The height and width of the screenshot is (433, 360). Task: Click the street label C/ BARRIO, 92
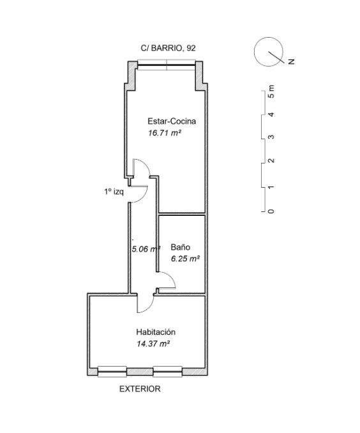tap(168, 48)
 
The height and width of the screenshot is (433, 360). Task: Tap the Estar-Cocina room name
tap(172, 121)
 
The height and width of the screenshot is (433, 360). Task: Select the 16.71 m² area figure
tap(165, 133)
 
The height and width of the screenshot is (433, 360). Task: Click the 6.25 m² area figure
tap(185, 259)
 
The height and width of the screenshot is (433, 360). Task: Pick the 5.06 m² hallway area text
tap(146, 249)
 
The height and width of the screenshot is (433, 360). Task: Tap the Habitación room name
tap(156, 331)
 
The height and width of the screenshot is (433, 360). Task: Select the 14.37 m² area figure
tap(153, 344)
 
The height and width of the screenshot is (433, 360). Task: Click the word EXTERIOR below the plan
tap(140, 389)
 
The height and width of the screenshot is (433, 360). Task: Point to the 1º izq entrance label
tap(114, 192)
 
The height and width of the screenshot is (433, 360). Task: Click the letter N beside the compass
tap(291, 61)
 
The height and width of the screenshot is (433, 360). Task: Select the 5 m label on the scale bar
tap(272, 91)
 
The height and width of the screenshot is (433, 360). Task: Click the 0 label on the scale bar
tap(272, 211)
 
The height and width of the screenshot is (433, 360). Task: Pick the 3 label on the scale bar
tap(272, 137)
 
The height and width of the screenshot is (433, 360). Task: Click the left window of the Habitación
tap(112, 372)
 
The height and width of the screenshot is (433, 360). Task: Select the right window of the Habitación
tap(168, 372)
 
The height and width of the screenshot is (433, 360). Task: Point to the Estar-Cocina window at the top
tap(167, 65)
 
